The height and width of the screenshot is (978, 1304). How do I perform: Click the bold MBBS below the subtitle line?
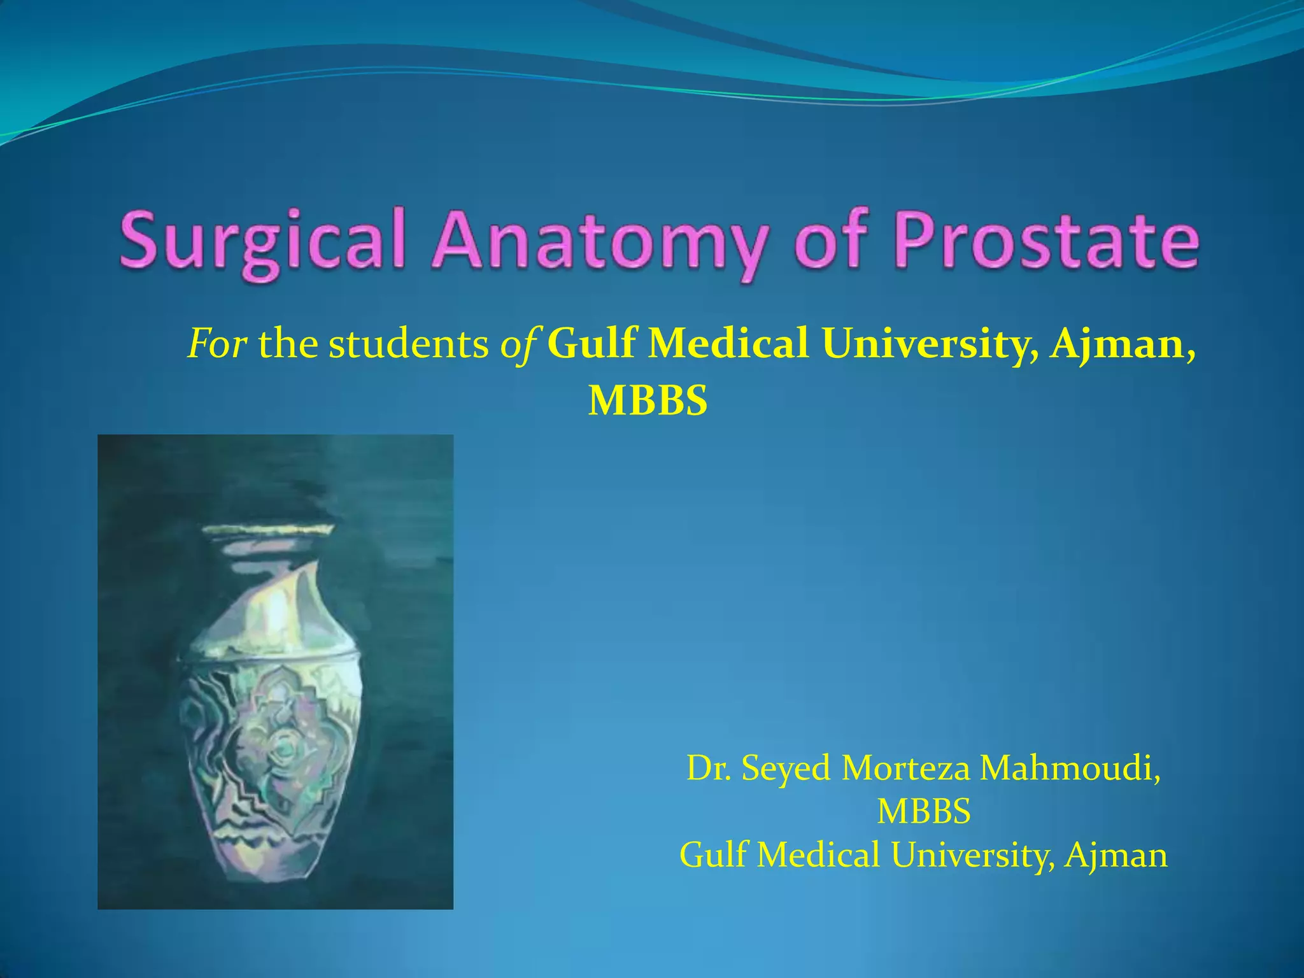[648, 401]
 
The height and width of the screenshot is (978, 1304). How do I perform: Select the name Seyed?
[786, 768]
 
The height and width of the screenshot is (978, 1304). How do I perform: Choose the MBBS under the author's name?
[924, 811]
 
